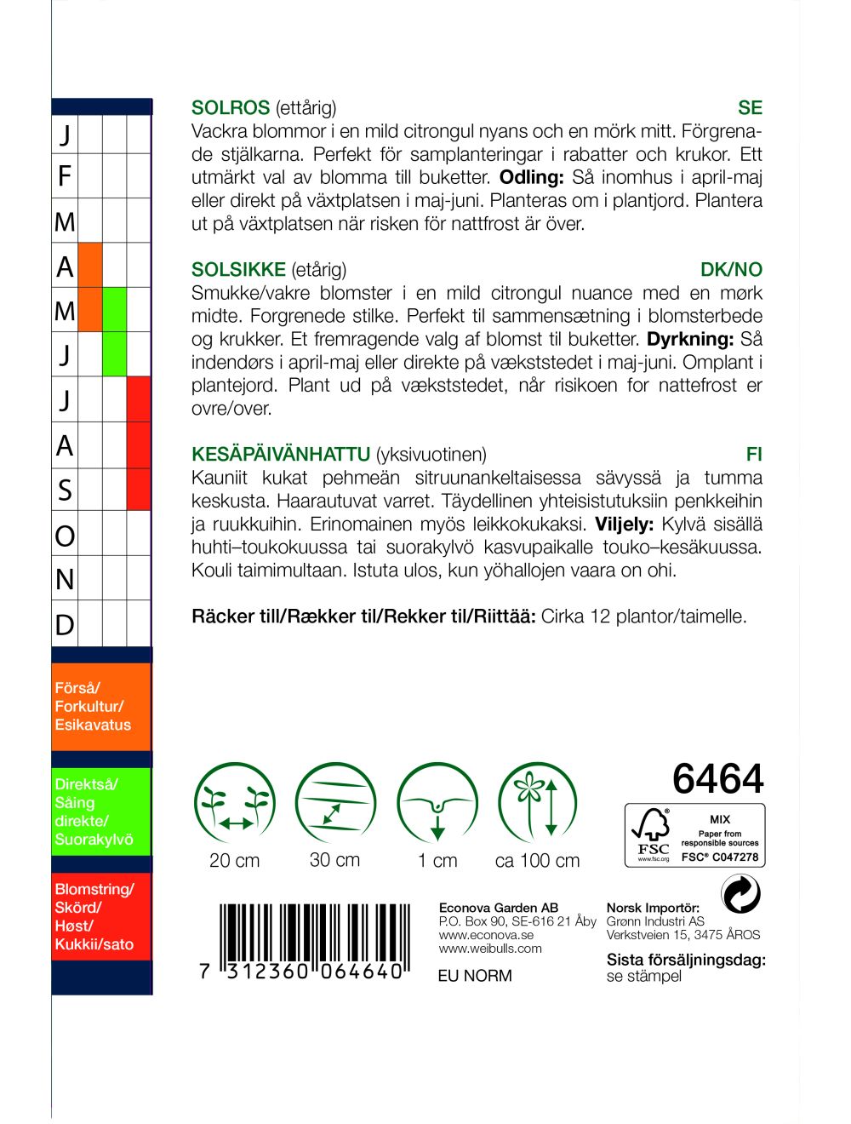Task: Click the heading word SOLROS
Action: pyautogui.click(x=230, y=108)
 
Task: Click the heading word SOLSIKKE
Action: pyautogui.click(x=238, y=270)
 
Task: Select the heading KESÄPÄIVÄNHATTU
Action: pyautogui.click(x=281, y=455)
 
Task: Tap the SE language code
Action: pyautogui.click(x=750, y=108)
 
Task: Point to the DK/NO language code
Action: pyautogui.click(x=731, y=270)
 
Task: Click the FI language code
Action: pyautogui.click(x=754, y=455)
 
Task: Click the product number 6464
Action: pyautogui.click(x=717, y=778)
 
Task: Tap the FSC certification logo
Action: pyautogui.click(x=695, y=835)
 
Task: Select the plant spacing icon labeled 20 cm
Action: pyautogui.click(x=234, y=804)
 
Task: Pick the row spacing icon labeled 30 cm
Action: pyautogui.click(x=334, y=804)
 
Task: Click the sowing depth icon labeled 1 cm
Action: pyautogui.click(x=437, y=804)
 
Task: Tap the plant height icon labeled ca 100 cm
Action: pyautogui.click(x=537, y=804)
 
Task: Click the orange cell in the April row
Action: pyautogui.click(x=89, y=266)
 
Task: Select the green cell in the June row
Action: pyautogui.click(x=114, y=354)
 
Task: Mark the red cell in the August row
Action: pyautogui.click(x=139, y=444)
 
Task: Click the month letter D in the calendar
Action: pyautogui.click(x=65, y=624)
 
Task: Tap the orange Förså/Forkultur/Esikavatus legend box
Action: pyautogui.click(x=100, y=707)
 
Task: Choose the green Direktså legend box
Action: pyautogui.click(x=100, y=812)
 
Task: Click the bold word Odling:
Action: pyautogui.click(x=532, y=178)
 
